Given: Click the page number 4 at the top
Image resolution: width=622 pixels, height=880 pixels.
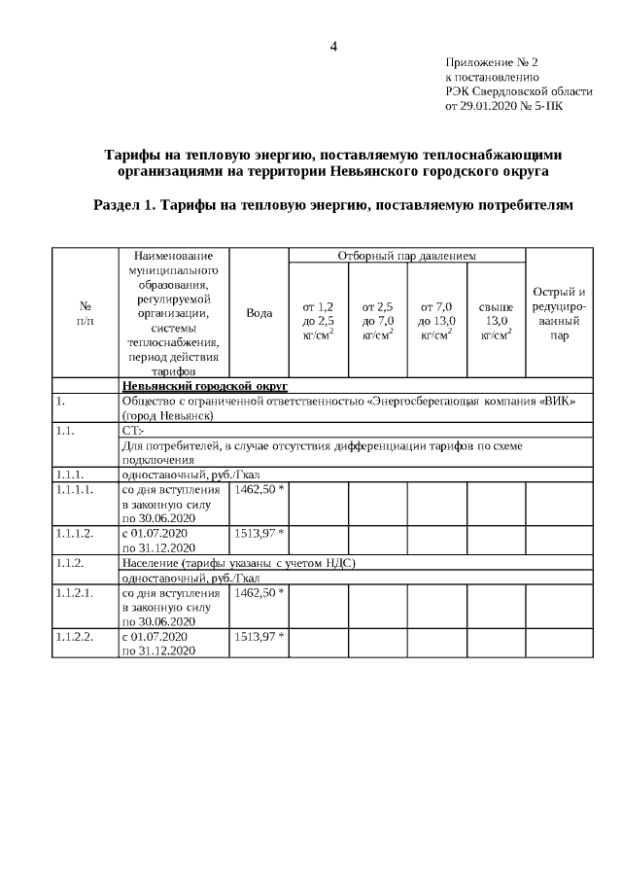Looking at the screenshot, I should (333, 46).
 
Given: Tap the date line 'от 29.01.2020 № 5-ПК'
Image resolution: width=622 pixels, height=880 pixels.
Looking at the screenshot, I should (502, 105).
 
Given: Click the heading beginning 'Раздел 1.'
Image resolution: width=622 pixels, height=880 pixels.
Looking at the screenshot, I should (332, 205).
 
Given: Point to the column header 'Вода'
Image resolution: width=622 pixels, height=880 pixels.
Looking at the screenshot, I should (259, 313).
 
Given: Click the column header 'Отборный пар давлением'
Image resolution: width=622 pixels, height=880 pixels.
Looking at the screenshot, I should (406, 255).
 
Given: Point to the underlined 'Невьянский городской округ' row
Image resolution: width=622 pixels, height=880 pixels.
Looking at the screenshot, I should (198, 386).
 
